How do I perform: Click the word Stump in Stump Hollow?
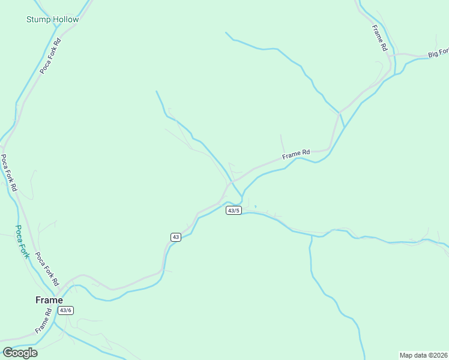[38, 19]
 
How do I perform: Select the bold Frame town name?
[49, 300]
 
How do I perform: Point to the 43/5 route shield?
[234, 211]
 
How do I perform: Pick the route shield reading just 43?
[175, 237]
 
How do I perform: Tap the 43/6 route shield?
[65, 310]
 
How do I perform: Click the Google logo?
[20, 352]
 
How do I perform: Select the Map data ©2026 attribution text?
[424, 355]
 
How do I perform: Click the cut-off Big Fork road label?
[438, 54]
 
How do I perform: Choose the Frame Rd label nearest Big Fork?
[378, 38]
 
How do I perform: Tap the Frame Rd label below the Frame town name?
[44, 322]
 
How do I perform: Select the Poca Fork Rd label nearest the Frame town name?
[46, 268]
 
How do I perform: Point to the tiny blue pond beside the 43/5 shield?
[255, 207]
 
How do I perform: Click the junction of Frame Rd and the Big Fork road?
[394, 56]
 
